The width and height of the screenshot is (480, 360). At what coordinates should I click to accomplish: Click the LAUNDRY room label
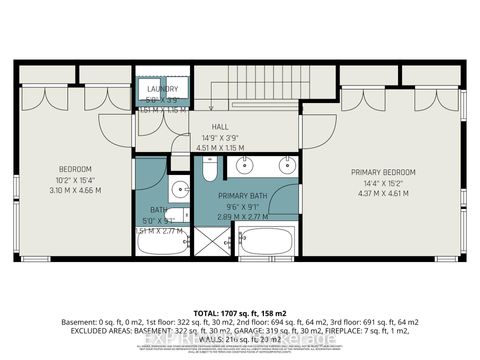coord(162,88)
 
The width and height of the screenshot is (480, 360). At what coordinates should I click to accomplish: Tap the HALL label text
coord(219,128)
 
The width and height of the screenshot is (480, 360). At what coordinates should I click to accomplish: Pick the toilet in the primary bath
coord(208,171)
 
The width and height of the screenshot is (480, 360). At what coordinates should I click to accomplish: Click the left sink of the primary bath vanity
coord(238,166)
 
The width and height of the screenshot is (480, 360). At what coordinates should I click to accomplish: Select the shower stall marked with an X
coord(211,240)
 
